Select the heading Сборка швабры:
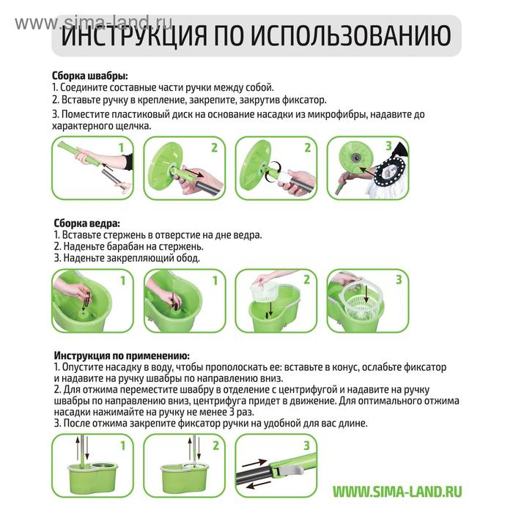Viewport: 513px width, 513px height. pyautogui.click(x=90, y=75)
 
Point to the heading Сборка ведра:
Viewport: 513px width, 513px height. pyautogui.click(x=87, y=224)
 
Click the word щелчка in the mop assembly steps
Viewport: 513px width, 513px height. pyautogui.click(x=129, y=126)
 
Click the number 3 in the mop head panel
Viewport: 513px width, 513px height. pyautogui.click(x=388, y=147)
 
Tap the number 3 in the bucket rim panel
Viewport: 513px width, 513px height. pyautogui.click(x=398, y=279)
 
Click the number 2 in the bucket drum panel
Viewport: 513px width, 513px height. pyautogui.click(x=306, y=279)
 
